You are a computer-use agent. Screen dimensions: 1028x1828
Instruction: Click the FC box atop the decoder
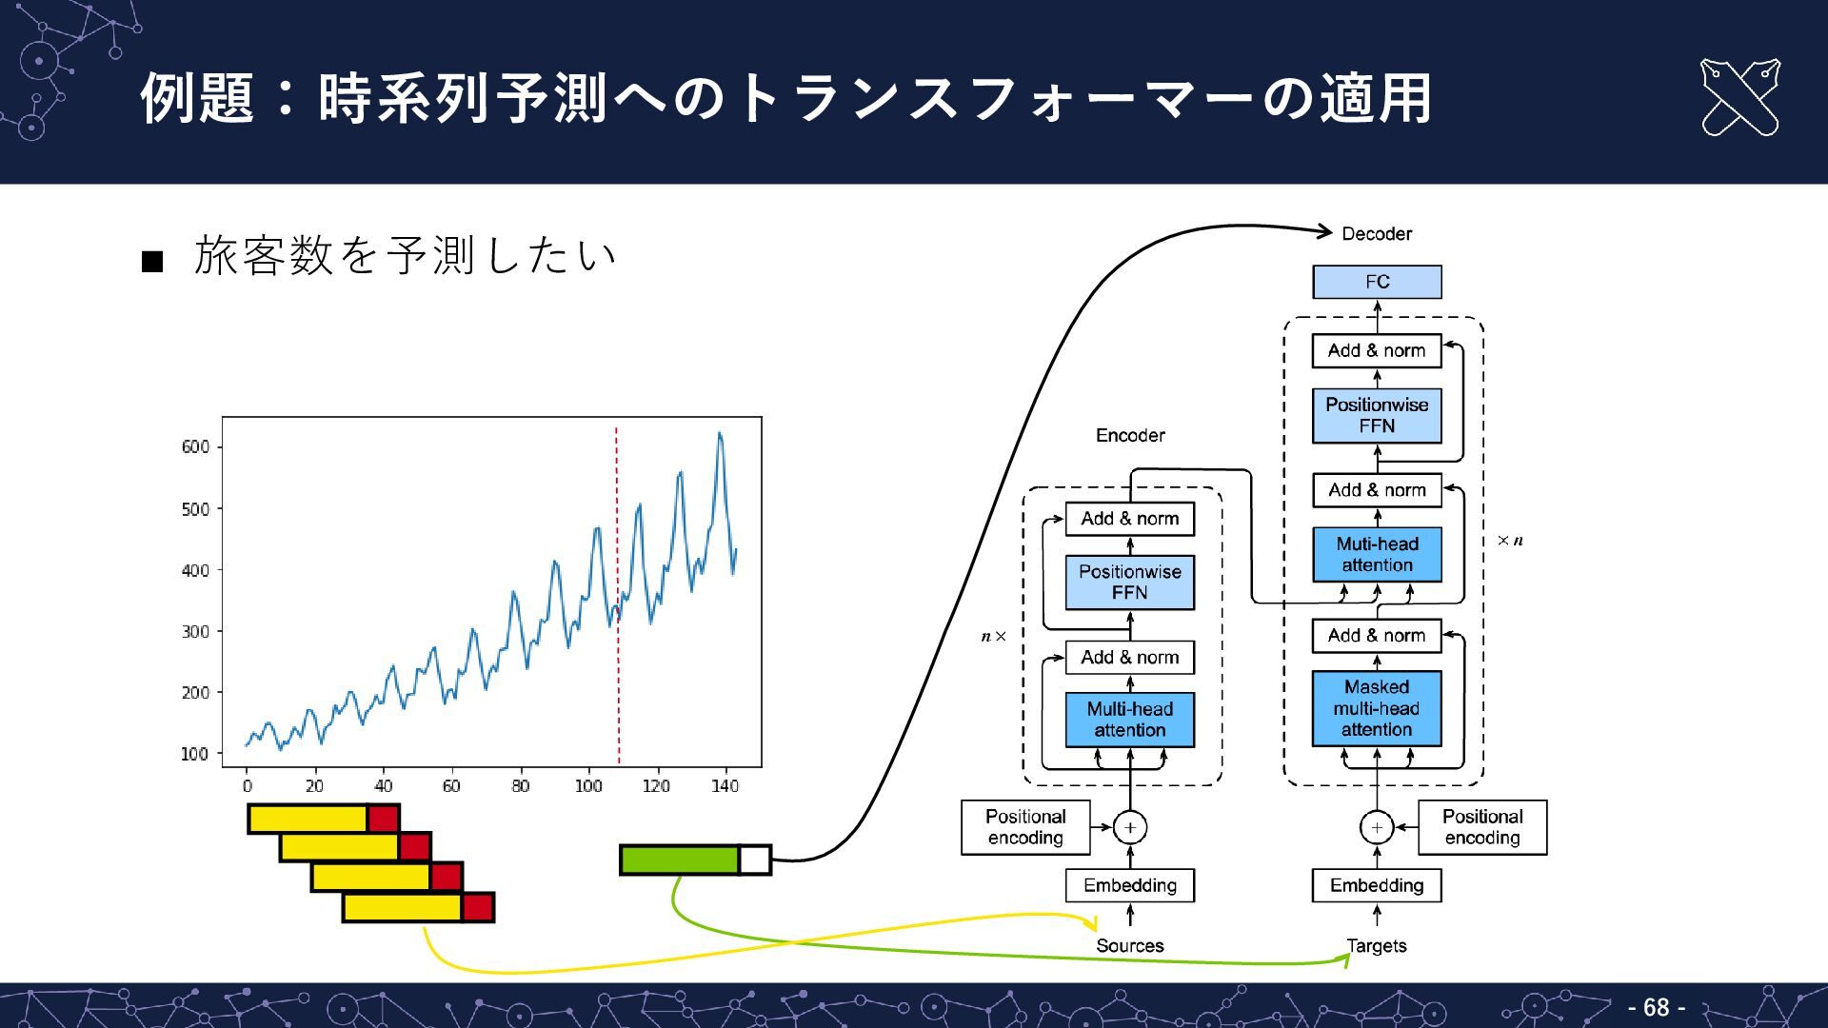(x=1376, y=282)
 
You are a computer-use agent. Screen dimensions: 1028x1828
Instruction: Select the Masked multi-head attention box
(x=1376, y=708)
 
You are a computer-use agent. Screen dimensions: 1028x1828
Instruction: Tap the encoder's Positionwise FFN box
(x=1129, y=582)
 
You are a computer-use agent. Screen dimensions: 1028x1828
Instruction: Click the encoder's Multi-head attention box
(x=1129, y=720)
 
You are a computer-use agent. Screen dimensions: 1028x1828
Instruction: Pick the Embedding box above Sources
(x=1129, y=885)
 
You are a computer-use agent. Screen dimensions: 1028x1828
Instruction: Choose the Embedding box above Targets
(x=1376, y=885)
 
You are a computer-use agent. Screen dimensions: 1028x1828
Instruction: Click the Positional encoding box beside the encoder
(x=1024, y=827)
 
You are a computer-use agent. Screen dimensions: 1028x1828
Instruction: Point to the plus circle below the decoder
(x=1376, y=827)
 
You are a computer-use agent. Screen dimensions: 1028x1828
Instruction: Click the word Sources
(x=1129, y=945)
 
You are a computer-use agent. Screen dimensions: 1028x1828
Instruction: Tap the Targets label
(x=1376, y=945)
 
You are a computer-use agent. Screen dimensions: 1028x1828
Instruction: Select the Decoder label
(x=1376, y=234)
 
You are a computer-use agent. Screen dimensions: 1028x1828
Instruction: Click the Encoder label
(x=1129, y=435)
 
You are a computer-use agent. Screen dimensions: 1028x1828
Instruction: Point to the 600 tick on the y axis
(x=195, y=446)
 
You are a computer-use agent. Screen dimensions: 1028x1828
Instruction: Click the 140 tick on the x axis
(x=725, y=786)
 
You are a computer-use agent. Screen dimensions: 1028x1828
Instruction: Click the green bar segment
(x=679, y=860)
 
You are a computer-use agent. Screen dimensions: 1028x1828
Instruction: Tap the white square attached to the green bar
(x=754, y=860)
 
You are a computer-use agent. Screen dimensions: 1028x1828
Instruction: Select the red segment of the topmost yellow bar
(x=383, y=819)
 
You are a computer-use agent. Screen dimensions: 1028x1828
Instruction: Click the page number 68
(x=1656, y=1007)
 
